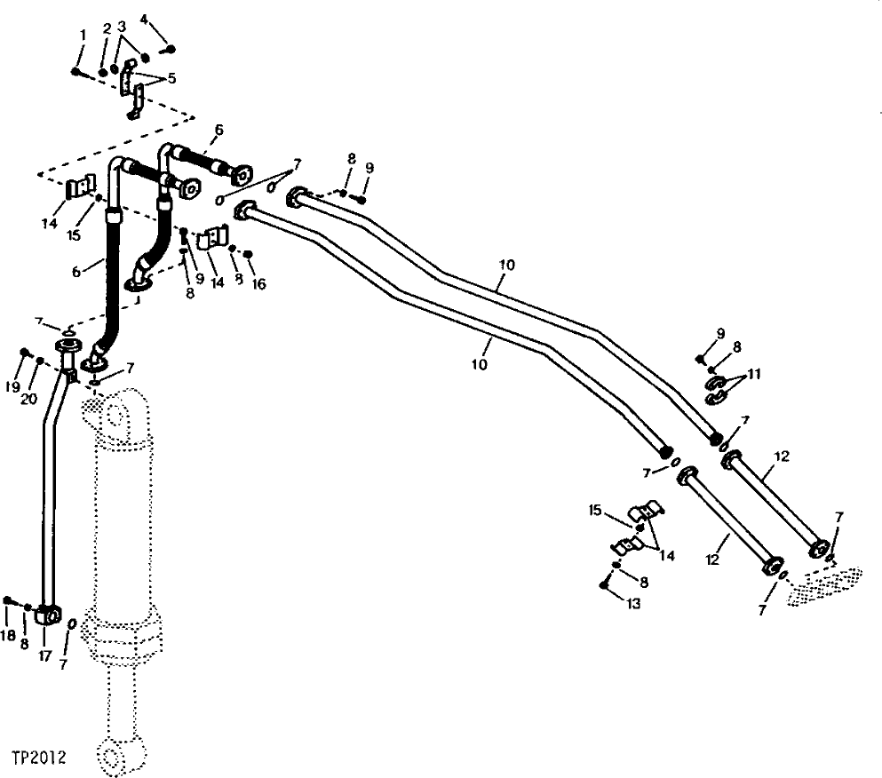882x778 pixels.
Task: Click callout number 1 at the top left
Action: [x=83, y=35]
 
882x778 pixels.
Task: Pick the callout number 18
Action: [x=9, y=636]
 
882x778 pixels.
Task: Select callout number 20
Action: [x=29, y=399]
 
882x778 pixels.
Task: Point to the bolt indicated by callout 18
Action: [x=8, y=601]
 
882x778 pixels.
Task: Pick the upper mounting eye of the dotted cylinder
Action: [x=114, y=414]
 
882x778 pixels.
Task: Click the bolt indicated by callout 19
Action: [x=26, y=353]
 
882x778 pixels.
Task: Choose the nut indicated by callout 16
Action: [x=249, y=255]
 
